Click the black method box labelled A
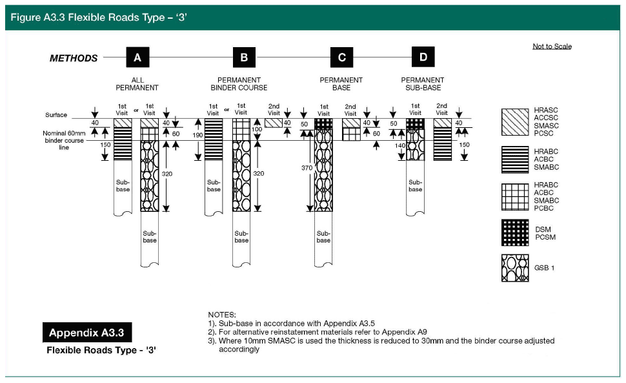[137, 57]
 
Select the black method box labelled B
[244, 57]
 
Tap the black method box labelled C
[341, 57]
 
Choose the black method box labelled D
[423, 57]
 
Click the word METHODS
[74, 58]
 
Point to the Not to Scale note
[552, 47]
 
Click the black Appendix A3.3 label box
[86, 333]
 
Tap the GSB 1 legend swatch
[514, 268]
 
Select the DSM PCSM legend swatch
[514, 233]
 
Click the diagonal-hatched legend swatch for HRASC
[514, 121]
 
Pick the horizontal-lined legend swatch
[514, 160]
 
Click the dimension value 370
[307, 168]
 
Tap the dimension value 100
[257, 130]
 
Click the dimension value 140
[400, 146]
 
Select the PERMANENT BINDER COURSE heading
[239, 84]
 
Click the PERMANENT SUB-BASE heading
[423, 84]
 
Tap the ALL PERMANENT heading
[137, 84]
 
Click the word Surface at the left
[56, 115]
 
